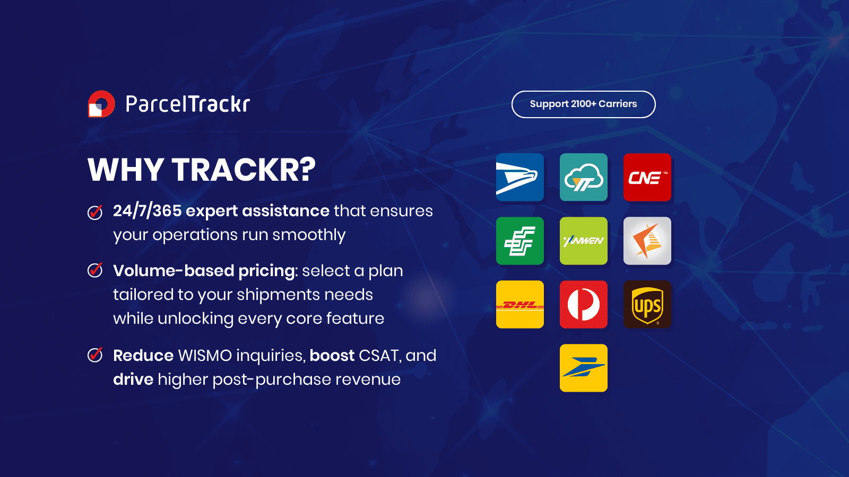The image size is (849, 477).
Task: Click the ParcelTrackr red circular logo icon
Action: click(101, 104)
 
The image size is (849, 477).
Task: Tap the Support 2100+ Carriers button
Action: click(583, 104)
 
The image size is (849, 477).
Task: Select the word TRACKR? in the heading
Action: click(244, 170)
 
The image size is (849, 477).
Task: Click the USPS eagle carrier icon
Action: click(520, 177)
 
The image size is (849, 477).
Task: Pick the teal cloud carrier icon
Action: click(584, 177)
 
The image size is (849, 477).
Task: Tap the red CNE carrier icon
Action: click(647, 177)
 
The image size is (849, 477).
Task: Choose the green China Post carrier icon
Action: click(520, 241)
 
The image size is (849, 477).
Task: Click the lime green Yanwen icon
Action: click(584, 241)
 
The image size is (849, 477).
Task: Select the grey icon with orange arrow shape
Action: click(647, 241)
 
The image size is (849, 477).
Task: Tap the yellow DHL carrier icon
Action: click(520, 304)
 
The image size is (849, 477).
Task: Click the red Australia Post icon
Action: click(584, 304)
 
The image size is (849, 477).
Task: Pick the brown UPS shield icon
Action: click(647, 304)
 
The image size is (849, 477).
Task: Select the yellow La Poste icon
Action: click(584, 368)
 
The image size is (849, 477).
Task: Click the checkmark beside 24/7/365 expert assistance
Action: click(95, 212)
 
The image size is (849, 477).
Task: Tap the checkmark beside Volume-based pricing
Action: click(95, 270)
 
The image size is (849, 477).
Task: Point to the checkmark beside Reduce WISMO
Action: click(95, 355)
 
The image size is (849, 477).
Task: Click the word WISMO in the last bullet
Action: click(205, 356)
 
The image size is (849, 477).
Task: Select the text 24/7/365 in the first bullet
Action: click(147, 211)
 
